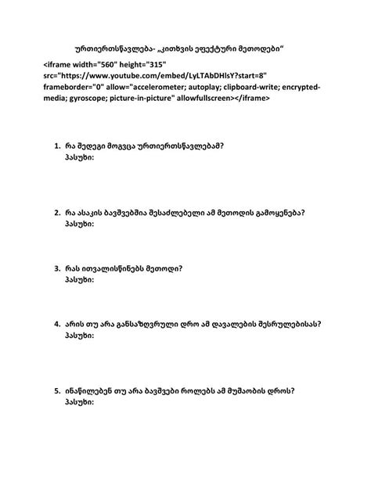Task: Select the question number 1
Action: [57, 146]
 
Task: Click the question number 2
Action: [57, 213]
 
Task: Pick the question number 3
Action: [57, 268]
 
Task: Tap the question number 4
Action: [57, 323]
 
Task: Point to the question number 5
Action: [57, 390]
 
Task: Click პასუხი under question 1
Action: [81, 157]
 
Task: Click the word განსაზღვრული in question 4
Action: [160, 323]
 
